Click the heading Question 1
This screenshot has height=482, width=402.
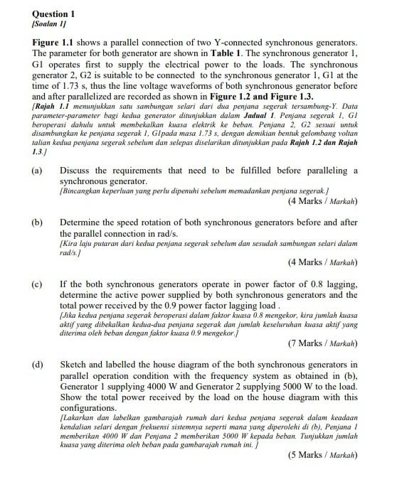coord(53,14)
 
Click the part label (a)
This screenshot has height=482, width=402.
coord(37,171)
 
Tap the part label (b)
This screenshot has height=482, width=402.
coord(37,223)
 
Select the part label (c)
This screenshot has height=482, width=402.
coord(37,284)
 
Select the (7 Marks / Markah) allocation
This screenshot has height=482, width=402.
coord(322,343)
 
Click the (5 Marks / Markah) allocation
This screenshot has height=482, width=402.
coord(322,454)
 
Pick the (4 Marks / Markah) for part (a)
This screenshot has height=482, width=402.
coord(322,202)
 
